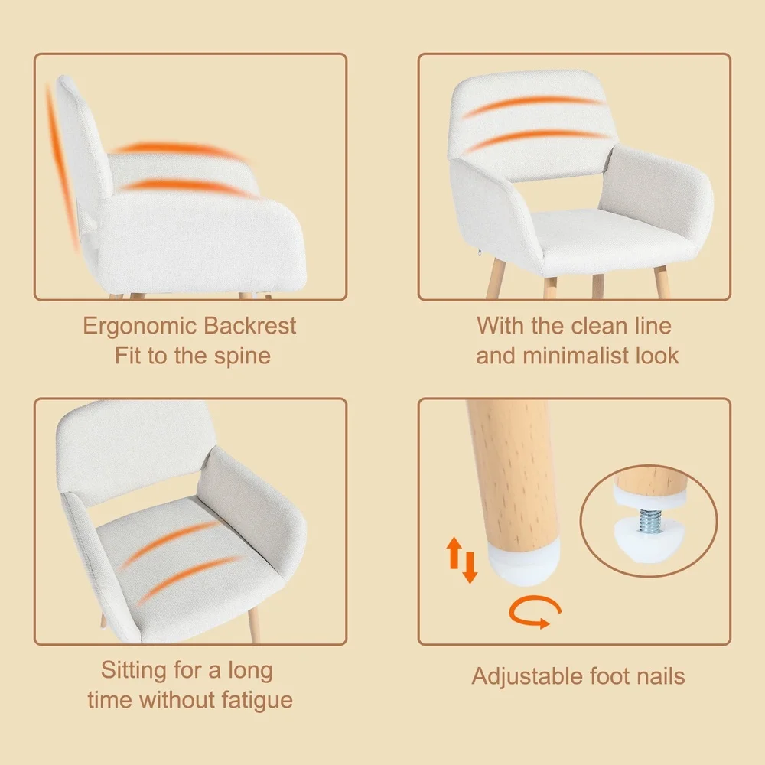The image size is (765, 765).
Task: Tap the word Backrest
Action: click(x=249, y=327)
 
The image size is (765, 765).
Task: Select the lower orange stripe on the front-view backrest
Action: click(x=535, y=138)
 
